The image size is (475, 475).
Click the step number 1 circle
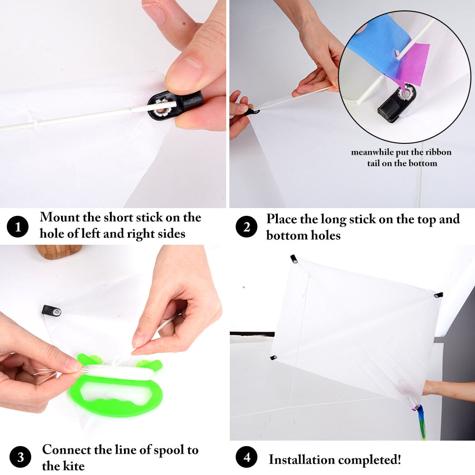pos(18,227)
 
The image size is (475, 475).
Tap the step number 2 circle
pos(247,227)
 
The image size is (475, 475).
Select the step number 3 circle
pos(20,457)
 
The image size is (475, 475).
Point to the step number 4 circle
pos(247,457)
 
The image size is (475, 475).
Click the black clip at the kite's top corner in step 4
pos(294,259)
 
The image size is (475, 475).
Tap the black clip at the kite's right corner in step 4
pos(438,295)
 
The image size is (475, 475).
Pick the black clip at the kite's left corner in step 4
pos(273,358)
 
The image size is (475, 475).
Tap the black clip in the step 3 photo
pos(51,310)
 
